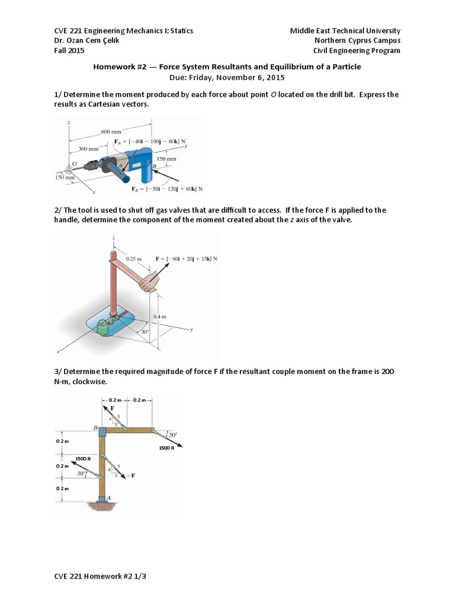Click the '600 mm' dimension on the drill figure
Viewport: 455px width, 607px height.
110,131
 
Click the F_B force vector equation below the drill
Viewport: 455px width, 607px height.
167,189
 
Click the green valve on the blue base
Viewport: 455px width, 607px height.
104,327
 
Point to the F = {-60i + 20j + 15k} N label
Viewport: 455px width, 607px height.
186,259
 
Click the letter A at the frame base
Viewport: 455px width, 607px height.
108,498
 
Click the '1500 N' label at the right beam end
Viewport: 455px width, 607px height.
166,448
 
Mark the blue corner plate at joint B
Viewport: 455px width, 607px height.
102,430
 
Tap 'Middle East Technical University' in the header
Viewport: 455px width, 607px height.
345,30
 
